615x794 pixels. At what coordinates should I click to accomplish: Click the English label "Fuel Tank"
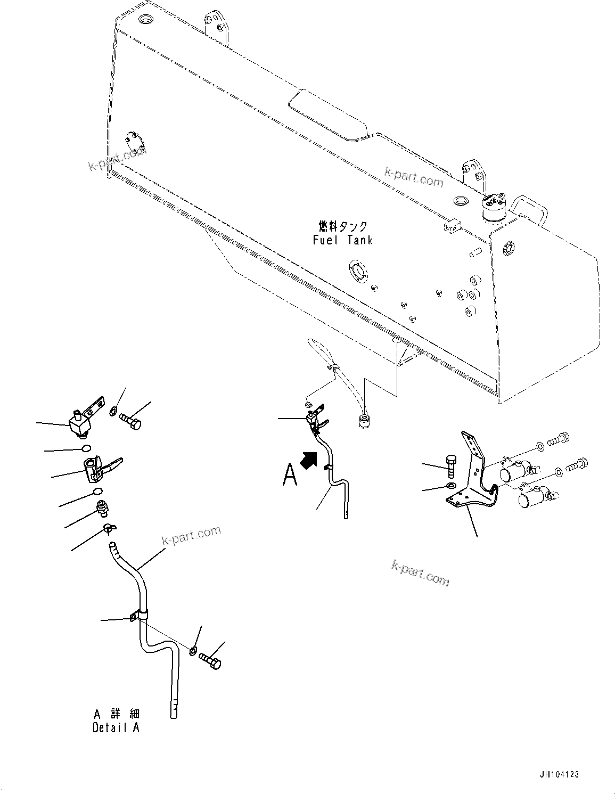[343, 240]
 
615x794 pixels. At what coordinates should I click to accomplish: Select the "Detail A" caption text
[116, 727]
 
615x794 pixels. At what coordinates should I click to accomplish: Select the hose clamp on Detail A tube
[138, 616]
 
